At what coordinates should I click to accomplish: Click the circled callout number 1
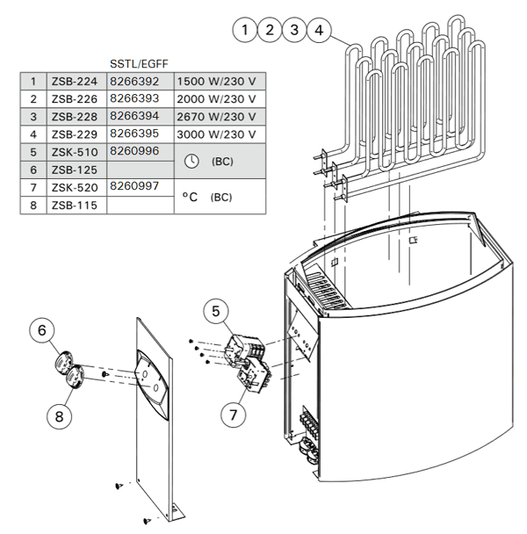click(245, 30)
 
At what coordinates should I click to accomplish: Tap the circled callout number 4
click(319, 30)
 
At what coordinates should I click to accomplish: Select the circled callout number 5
click(216, 311)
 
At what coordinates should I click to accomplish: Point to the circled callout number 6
click(42, 329)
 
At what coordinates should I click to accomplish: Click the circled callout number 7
click(234, 415)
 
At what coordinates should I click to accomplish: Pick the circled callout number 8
click(59, 416)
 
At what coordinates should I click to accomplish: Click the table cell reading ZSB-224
click(75, 82)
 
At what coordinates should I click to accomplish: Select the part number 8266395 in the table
click(134, 133)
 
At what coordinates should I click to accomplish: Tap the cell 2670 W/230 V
click(216, 117)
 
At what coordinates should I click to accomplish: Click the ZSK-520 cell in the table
click(75, 188)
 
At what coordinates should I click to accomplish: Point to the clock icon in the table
click(191, 161)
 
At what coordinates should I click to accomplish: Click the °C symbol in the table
click(190, 197)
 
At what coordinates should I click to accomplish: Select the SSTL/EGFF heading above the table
click(139, 64)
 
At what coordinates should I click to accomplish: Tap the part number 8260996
click(134, 151)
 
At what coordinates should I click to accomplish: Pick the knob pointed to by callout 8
click(75, 377)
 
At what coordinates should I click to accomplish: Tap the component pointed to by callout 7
click(255, 375)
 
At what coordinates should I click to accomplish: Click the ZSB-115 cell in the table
click(75, 206)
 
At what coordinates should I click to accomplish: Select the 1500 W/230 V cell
click(216, 82)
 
